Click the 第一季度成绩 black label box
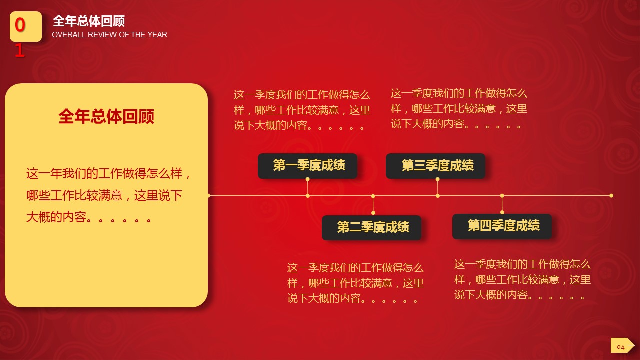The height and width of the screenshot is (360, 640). point(307,166)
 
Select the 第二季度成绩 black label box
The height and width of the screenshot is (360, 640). point(371,227)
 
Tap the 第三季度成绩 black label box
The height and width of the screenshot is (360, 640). point(435,166)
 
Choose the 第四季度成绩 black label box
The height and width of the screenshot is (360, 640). point(502,226)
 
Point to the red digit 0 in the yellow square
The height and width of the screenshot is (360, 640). point(20,25)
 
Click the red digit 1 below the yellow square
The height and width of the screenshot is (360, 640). point(19,51)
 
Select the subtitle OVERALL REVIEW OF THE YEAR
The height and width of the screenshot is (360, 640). point(109,35)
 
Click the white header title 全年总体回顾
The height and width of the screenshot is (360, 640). point(88,21)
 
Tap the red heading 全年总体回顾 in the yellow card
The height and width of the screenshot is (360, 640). point(106,117)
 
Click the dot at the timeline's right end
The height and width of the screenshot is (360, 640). point(611,195)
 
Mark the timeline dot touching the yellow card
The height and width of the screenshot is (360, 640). point(208,195)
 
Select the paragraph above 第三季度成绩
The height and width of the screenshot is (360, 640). point(459,108)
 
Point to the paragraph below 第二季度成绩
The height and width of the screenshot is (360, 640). point(355,283)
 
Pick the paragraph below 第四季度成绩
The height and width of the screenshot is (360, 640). point(522,279)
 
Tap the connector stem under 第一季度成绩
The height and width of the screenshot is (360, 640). point(307,187)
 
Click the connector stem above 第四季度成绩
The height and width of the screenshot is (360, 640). point(502,204)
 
